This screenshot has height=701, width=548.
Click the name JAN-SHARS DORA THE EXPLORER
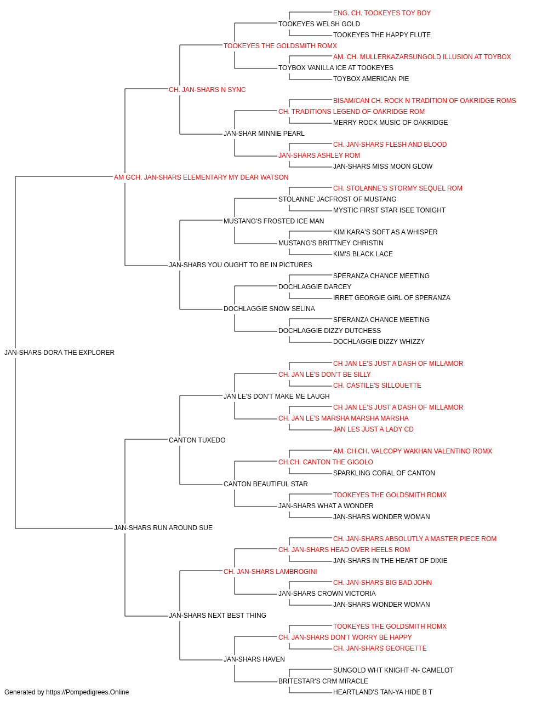(59, 353)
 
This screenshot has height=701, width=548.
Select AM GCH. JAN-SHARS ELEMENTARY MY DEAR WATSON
(201, 177)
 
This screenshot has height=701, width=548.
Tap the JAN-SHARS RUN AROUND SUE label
(163, 528)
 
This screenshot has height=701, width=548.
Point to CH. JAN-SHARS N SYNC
(207, 90)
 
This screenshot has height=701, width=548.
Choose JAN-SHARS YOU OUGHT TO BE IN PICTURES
(241, 265)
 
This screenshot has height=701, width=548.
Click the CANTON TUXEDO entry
(197, 440)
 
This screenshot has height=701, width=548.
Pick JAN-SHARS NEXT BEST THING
(218, 615)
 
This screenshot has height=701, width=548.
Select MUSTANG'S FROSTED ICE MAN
(273, 221)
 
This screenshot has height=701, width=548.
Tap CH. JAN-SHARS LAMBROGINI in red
(270, 572)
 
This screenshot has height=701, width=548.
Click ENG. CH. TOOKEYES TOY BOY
(382, 13)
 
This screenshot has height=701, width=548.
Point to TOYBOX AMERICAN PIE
(371, 79)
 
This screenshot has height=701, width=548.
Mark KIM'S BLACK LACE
(363, 254)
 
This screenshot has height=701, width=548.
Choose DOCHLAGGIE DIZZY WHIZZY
(379, 342)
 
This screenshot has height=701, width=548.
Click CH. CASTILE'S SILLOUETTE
(377, 386)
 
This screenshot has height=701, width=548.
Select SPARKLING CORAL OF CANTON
(384, 473)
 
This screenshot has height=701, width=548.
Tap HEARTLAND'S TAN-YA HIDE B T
(383, 692)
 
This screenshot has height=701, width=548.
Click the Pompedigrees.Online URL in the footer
(88, 692)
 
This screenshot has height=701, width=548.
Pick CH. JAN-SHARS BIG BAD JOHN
(382, 583)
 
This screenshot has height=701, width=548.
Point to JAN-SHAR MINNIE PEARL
(264, 134)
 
